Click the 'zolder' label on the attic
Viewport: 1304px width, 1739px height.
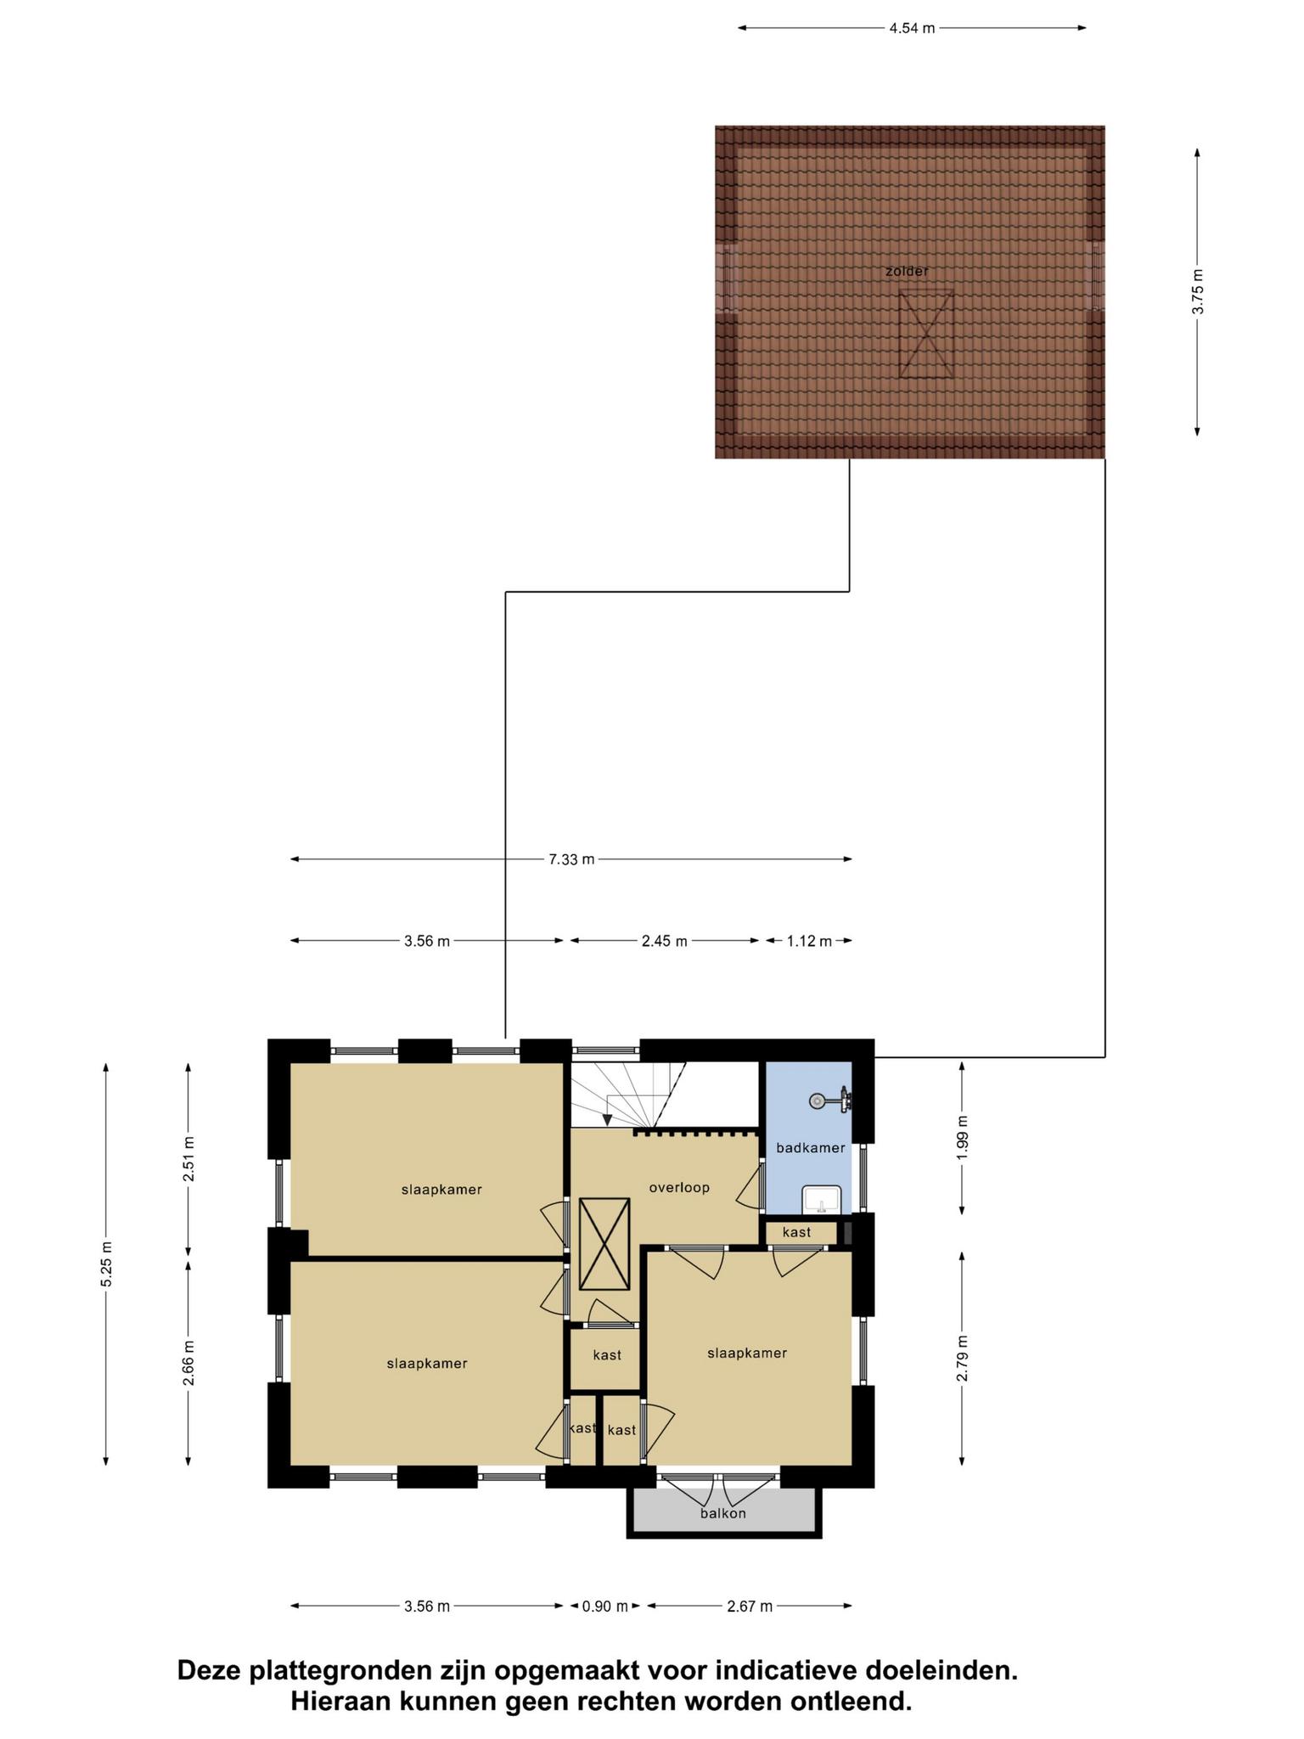tap(907, 272)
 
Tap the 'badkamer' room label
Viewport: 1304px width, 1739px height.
tap(811, 1148)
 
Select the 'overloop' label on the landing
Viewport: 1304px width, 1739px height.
tap(679, 1188)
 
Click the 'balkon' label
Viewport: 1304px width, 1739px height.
tap(723, 1513)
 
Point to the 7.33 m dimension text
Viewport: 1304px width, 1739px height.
tap(571, 859)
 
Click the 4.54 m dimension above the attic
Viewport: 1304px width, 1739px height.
tap(912, 28)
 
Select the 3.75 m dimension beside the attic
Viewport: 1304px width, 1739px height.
tap(1197, 291)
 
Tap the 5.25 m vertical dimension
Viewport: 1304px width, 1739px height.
tap(106, 1264)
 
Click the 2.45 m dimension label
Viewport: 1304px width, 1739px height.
tap(664, 941)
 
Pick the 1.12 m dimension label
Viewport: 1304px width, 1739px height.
tap(809, 941)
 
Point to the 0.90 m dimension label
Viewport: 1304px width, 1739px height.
tap(605, 1607)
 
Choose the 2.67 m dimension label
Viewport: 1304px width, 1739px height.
tap(750, 1607)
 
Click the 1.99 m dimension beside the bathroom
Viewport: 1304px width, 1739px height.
tap(962, 1138)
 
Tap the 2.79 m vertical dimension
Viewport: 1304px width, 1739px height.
tap(962, 1359)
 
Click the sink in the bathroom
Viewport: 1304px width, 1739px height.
tap(821, 1199)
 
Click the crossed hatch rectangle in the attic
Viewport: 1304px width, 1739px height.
tap(926, 334)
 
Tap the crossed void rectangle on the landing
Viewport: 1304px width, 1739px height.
tap(604, 1244)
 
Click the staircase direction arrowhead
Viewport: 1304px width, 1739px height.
tap(608, 1120)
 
